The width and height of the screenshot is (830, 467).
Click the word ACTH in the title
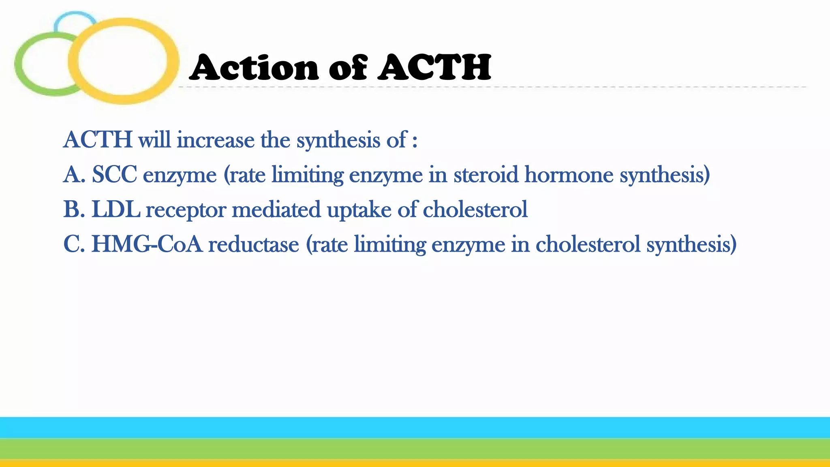(434, 67)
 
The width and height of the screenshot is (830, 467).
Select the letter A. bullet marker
(74, 175)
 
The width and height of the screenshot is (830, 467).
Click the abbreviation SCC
(114, 175)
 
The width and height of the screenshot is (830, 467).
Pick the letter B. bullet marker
(74, 210)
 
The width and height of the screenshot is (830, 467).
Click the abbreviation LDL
(116, 210)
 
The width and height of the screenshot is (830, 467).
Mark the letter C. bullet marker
(74, 244)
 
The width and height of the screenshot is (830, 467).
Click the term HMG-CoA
(147, 244)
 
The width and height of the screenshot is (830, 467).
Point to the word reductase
(253, 244)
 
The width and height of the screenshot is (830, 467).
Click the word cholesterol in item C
(588, 244)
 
